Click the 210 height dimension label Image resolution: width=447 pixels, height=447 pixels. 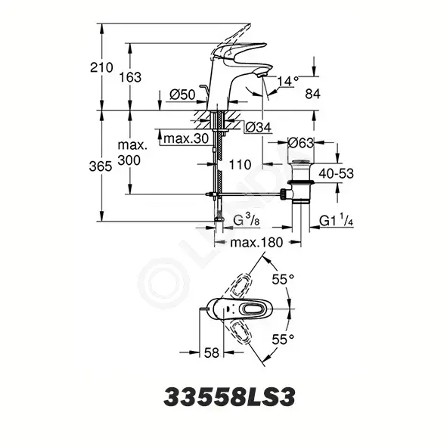pyautogui.click(x=101, y=67)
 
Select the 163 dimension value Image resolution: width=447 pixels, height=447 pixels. pyautogui.click(x=130, y=77)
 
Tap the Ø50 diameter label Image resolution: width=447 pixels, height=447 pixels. pyautogui.click(x=182, y=95)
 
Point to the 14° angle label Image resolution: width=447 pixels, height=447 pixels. pyautogui.click(x=288, y=81)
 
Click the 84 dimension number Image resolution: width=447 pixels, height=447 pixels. pyautogui.click(x=312, y=94)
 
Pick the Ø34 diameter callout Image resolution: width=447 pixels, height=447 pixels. pyautogui.click(x=258, y=127)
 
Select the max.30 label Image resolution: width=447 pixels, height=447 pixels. pyautogui.click(x=187, y=138)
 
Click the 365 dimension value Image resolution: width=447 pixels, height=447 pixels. pyautogui.click(x=101, y=166)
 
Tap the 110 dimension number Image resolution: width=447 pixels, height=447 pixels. pyautogui.click(x=240, y=165)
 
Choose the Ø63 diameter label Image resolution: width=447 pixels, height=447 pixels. pyautogui.click(x=301, y=142)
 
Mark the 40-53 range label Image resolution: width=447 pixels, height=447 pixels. pyautogui.click(x=336, y=173)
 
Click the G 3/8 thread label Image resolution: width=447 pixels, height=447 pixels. pyautogui.click(x=247, y=220)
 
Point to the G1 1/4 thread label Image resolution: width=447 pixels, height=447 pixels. pyautogui.click(x=337, y=220)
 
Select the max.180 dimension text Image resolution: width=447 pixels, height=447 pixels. pyautogui.click(x=256, y=243)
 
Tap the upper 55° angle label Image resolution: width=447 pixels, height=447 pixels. pyautogui.click(x=283, y=279)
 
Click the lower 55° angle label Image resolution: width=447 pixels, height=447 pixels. pyautogui.click(x=283, y=340)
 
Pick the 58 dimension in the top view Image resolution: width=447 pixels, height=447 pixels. pyautogui.click(x=212, y=353)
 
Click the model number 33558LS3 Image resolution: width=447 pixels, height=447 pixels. pyautogui.click(x=229, y=397)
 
